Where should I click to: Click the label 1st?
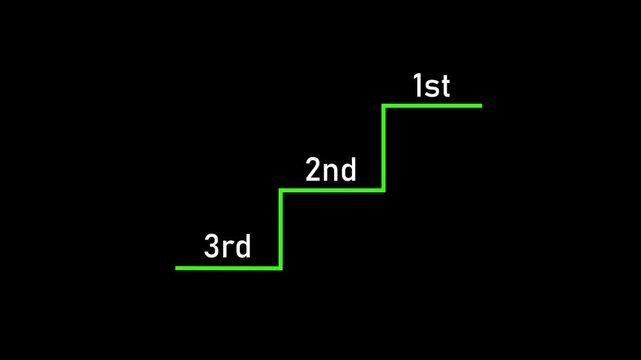[x=432, y=86]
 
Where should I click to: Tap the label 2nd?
[x=331, y=170]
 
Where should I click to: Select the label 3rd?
[x=228, y=246]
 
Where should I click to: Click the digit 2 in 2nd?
[x=313, y=170]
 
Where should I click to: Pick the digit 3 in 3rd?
[x=212, y=246]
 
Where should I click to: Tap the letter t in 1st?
[x=445, y=87]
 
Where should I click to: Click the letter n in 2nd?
[x=330, y=172]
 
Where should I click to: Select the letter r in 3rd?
[x=229, y=248]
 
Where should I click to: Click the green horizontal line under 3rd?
[x=228, y=268]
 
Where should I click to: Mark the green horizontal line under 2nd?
[x=332, y=190]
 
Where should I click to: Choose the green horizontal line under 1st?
[x=432, y=105]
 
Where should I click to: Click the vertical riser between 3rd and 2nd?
[x=281, y=229]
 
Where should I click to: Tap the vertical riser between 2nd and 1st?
[x=384, y=148]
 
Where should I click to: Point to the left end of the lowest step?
[x=177, y=268]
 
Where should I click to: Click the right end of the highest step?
[x=480, y=105]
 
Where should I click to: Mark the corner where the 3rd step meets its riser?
[x=281, y=268]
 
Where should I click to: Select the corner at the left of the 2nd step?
[x=281, y=190]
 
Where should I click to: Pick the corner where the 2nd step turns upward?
[x=384, y=190]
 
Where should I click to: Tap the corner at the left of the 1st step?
[x=384, y=105]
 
